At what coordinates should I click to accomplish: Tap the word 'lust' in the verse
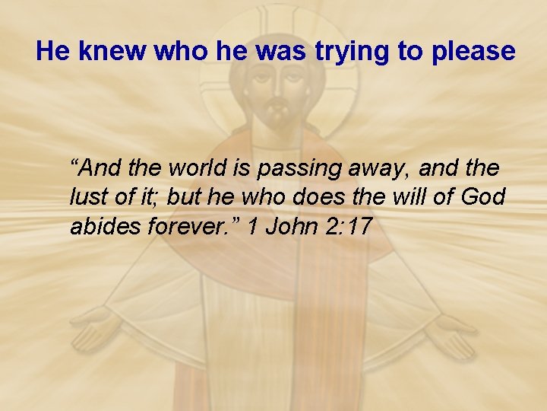(x=87, y=196)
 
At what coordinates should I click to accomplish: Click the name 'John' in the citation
(x=291, y=226)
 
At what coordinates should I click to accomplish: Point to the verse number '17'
(x=358, y=226)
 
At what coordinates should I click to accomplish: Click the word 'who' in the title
(x=179, y=51)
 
